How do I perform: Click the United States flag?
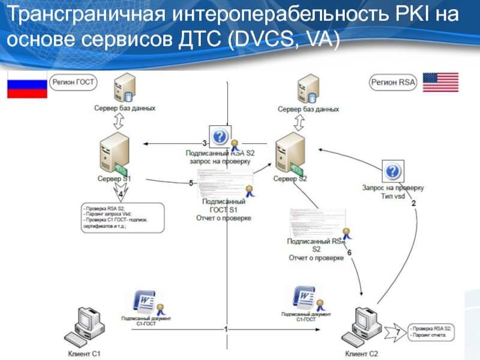pyautogui.click(x=440, y=82)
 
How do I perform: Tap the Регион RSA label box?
pyautogui.click(x=393, y=82)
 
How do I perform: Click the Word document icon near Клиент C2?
pyautogui.click(x=304, y=297)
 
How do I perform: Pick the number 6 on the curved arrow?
pyautogui.click(x=349, y=253)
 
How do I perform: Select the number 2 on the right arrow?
pyautogui.click(x=413, y=203)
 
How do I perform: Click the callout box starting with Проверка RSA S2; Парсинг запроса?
pyautogui.click(x=122, y=218)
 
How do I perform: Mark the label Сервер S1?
pyautogui.click(x=115, y=179)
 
